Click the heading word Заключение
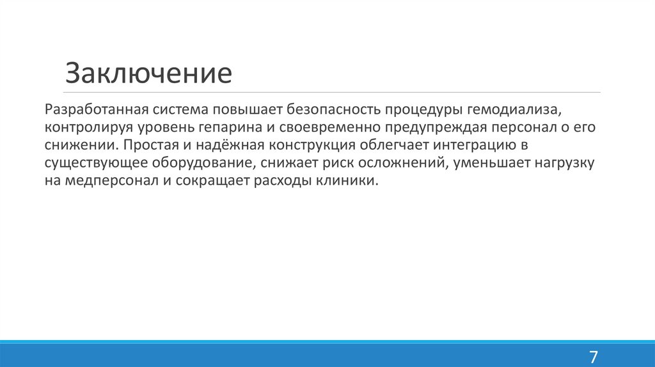pyautogui.click(x=148, y=73)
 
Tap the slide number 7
pyautogui.click(x=593, y=356)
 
